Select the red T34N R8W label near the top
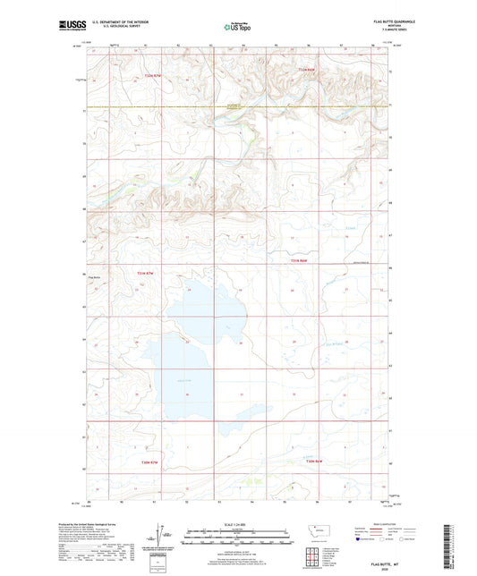coord(308,69)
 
